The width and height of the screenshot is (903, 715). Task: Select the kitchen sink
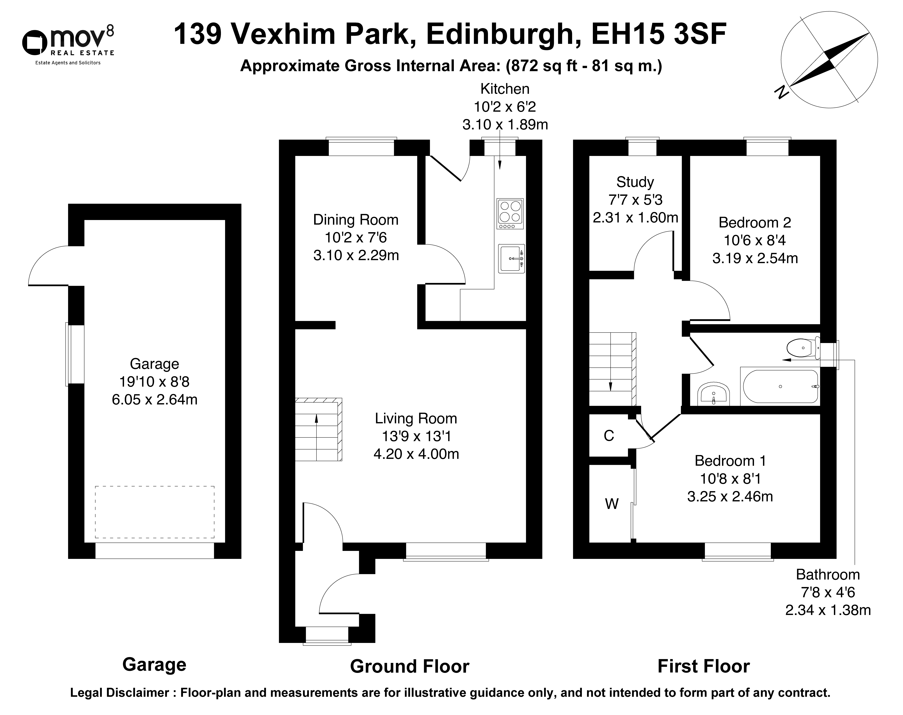point(511,258)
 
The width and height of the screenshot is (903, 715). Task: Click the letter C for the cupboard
point(609,436)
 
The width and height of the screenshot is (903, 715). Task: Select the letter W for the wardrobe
point(612,504)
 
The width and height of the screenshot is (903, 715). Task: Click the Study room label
point(635,182)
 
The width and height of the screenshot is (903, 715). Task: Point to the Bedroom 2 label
point(755,222)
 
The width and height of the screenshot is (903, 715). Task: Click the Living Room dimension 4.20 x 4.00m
point(416,454)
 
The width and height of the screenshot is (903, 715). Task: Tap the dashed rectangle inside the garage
point(154,512)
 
